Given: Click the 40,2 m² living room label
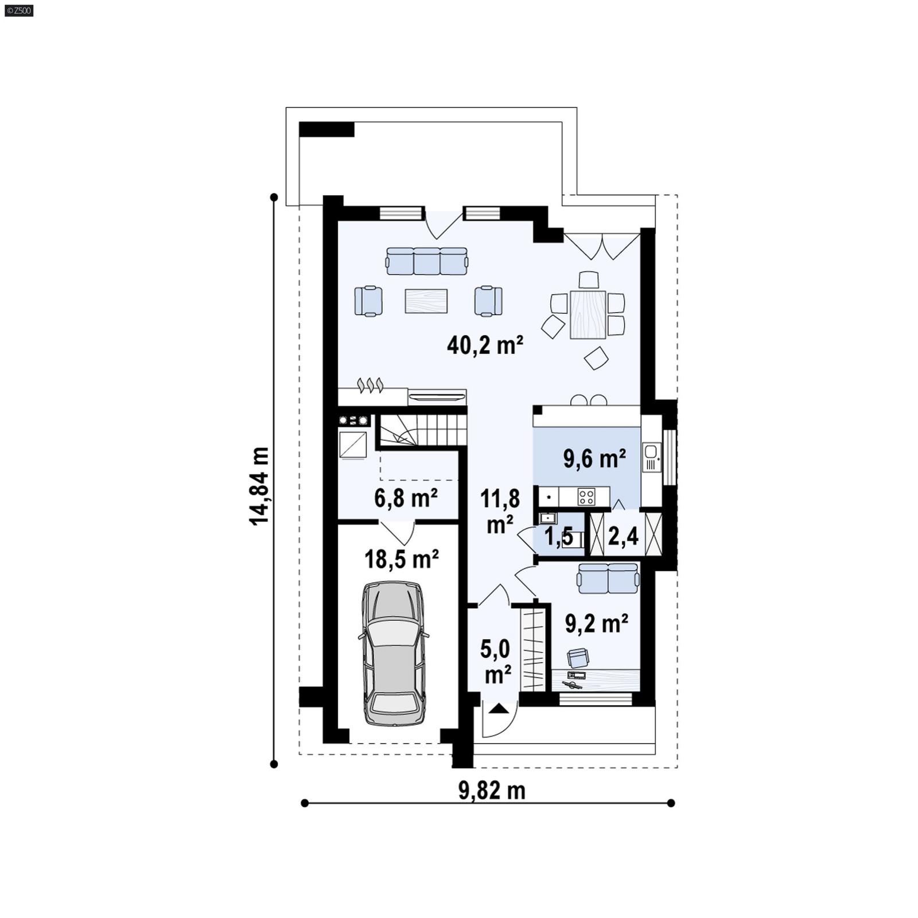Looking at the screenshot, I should (485, 345).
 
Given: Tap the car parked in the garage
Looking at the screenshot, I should (394, 654).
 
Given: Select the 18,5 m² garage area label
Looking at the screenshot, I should (402, 559).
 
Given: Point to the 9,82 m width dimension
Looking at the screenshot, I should (492, 791).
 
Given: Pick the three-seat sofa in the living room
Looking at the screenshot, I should (427, 261).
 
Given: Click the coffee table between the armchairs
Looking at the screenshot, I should (426, 301).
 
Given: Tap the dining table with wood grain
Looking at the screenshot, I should (588, 314).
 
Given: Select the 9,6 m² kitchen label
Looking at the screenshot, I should (594, 459).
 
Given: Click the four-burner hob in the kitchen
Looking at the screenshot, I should (586, 496).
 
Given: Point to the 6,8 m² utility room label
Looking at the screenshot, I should (406, 498).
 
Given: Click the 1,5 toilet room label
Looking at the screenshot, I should (558, 537).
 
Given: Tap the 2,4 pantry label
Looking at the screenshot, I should (623, 536).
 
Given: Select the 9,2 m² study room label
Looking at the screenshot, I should (596, 624).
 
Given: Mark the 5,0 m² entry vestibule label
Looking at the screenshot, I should (496, 662).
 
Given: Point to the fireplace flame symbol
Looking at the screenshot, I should (370, 385).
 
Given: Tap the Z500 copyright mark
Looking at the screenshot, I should (18, 10).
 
